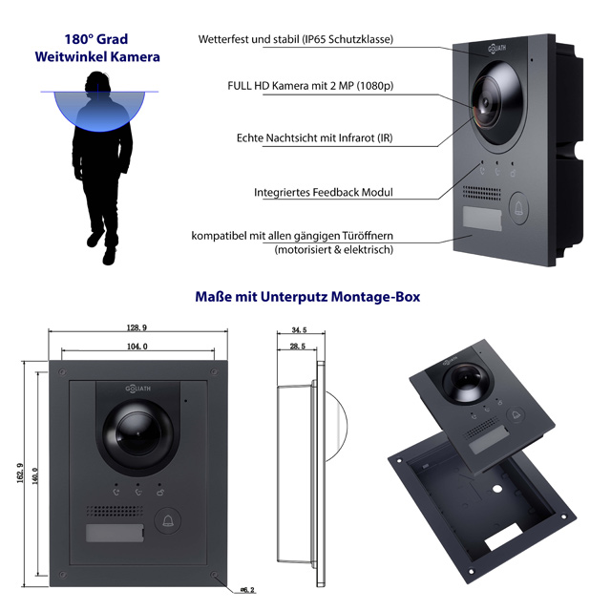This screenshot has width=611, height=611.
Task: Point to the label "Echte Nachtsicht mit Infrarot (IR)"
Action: point(314,138)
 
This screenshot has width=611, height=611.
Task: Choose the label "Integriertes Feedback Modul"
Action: point(324,192)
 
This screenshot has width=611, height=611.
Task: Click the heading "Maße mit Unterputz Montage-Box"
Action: point(305,297)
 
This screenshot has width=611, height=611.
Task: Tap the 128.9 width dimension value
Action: point(137,327)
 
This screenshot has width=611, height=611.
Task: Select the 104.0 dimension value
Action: point(137,346)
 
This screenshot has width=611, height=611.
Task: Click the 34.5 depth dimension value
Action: point(299,330)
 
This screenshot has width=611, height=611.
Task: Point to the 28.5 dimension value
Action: point(296,347)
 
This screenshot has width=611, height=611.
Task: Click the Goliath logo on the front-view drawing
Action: point(138,388)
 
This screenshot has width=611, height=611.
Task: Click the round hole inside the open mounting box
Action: point(496,489)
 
